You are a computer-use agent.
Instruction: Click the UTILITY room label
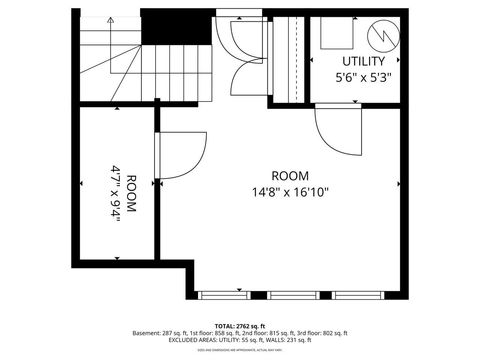356,61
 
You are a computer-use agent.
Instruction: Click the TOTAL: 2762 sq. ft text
240,325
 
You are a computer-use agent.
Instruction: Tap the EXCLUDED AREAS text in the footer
199,341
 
